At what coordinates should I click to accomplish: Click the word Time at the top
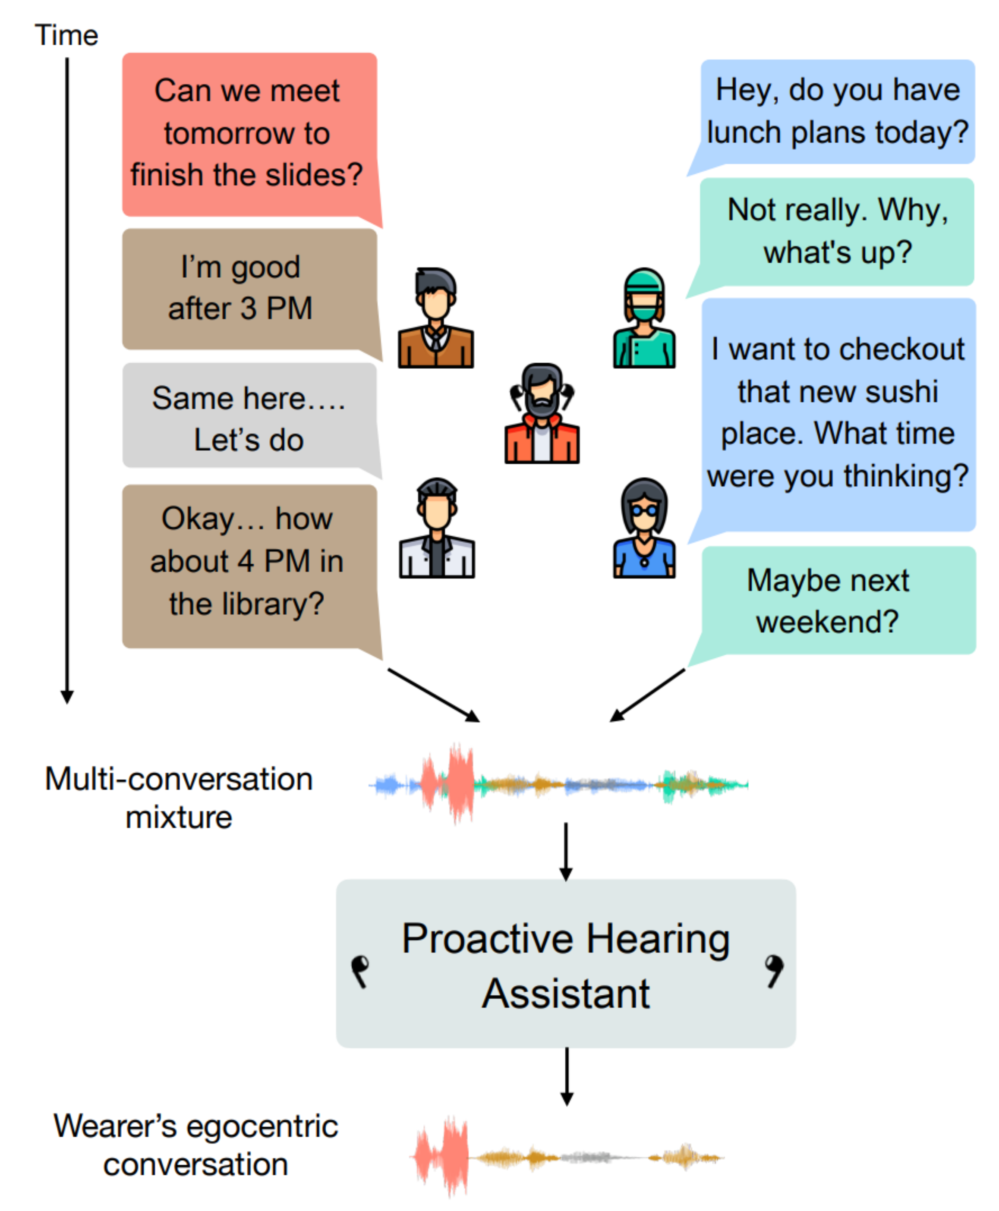click(66, 36)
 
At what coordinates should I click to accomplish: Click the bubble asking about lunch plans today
click(837, 111)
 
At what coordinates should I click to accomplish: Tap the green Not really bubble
click(837, 231)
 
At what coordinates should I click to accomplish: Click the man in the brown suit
click(435, 319)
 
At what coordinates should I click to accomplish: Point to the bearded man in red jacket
click(542, 414)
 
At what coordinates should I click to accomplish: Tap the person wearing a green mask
click(644, 319)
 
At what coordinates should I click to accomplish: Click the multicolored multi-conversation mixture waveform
click(558, 783)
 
